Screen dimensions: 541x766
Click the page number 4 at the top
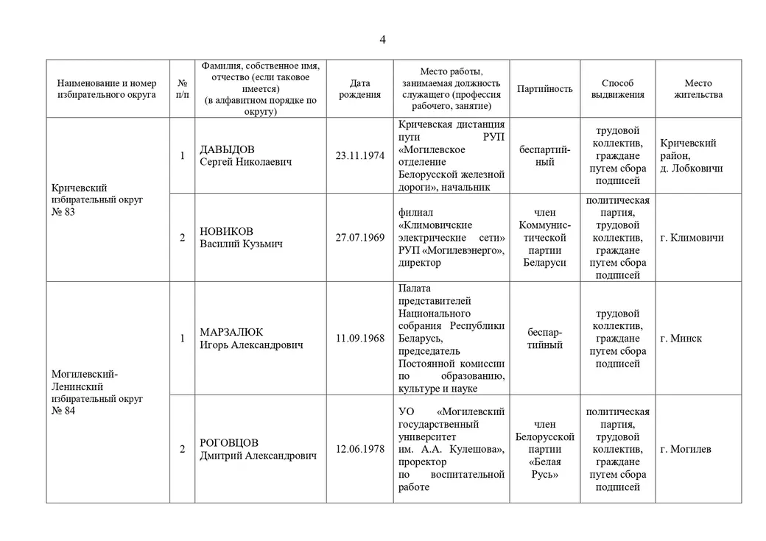[x=382, y=39]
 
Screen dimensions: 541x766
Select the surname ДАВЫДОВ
[x=228, y=150]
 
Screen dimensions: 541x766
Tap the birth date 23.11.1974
[x=359, y=156]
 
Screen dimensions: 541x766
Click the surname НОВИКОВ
[x=226, y=231]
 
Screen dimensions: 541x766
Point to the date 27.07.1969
[x=359, y=238]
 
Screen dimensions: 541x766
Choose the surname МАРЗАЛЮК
[x=231, y=332]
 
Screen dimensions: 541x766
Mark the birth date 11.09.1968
[x=359, y=339]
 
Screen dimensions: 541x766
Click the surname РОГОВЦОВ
[x=229, y=443]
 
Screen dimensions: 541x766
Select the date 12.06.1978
[x=359, y=449]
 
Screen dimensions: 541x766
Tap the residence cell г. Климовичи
[x=692, y=238]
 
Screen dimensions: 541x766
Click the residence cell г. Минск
[x=681, y=339]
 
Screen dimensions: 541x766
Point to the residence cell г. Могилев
[x=686, y=449]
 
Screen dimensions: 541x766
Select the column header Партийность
[x=544, y=89]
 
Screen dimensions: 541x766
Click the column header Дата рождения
[x=359, y=89]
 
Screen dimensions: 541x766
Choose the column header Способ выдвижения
[x=617, y=89]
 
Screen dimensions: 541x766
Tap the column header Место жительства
[x=698, y=89]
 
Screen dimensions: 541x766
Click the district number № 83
[x=63, y=212]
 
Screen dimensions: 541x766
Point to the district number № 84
[x=63, y=411]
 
